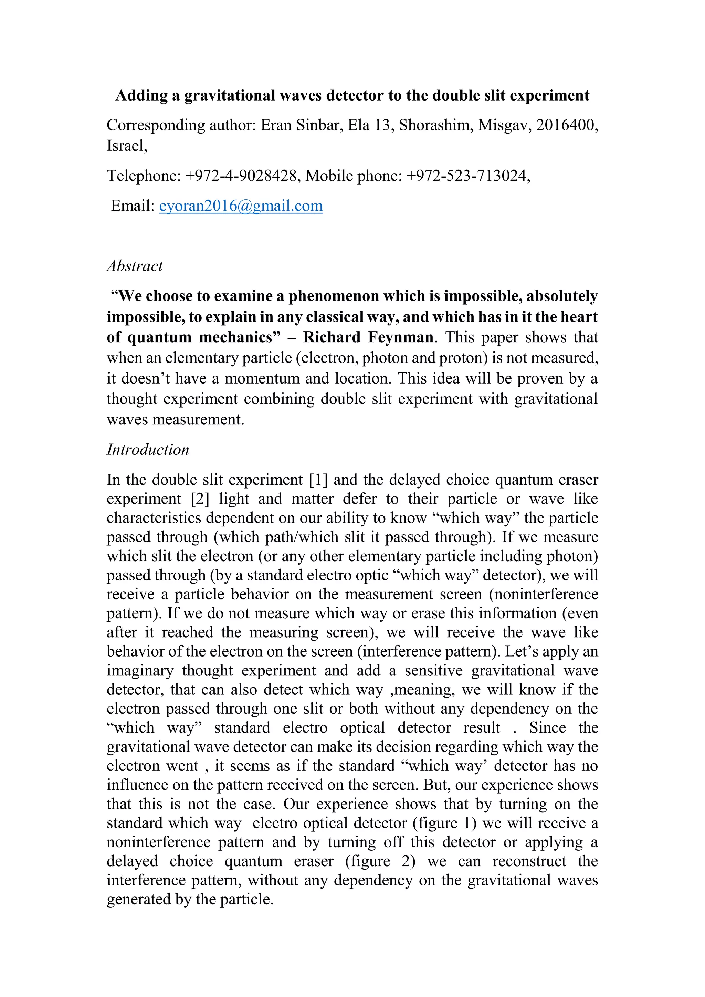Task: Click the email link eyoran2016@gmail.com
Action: click(x=241, y=206)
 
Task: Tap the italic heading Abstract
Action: click(x=135, y=266)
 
